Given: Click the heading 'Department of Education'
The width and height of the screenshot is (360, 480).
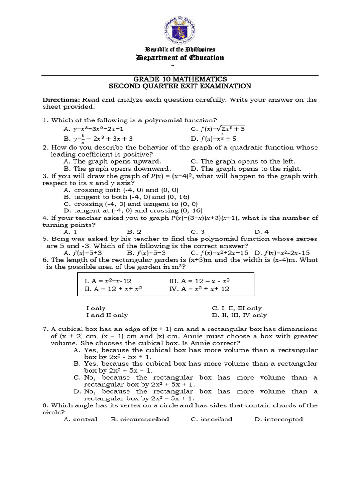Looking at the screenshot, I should pos(180,58).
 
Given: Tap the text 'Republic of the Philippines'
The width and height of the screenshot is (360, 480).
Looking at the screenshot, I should pos(180,49).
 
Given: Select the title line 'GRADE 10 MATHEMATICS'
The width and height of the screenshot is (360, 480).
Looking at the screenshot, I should pos(180,79).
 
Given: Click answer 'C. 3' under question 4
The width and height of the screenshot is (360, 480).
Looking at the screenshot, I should pos(198,232).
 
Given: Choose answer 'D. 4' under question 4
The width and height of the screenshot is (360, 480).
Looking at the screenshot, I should pos(261,232).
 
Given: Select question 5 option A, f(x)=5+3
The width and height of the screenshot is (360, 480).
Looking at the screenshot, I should pos(83,253).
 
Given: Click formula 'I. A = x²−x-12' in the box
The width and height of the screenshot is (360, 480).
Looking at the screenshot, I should pos(108,281).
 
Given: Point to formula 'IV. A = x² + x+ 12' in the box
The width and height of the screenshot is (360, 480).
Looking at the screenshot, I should pos(199,289).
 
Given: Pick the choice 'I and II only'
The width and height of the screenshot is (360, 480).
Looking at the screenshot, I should pos(107,315).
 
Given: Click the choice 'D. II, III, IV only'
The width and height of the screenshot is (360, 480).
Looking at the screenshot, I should pos(239,315).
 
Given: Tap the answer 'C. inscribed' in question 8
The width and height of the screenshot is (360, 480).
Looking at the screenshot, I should pos(211,420).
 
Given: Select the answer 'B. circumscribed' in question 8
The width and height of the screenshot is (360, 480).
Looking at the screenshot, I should pos(140,420).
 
